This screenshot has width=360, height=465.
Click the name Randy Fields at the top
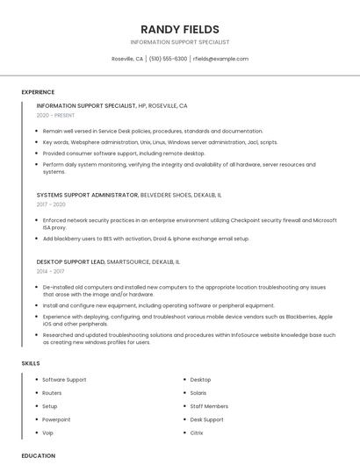tap(180, 29)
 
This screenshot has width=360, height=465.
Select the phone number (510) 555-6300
tap(168, 59)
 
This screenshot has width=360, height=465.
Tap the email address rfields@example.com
tap(220, 59)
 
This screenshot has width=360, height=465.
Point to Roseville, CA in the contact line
tap(127, 59)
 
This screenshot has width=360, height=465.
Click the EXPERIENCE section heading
tap(38, 92)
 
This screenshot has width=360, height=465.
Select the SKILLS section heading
tap(31, 363)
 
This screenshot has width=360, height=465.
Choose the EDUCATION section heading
tap(39, 456)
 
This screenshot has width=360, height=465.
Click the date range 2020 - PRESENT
tap(55, 115)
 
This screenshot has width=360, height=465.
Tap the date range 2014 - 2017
tap(50, 272)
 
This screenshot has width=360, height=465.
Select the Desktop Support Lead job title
tap(71, 261)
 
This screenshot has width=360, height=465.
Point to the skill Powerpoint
tap(56, 419)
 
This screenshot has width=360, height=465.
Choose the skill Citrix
tap(197, 433)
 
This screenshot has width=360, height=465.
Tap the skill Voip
tap(48, 433)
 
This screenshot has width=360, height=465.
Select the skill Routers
tap(52, 393)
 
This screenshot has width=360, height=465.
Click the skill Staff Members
tap(209, 406)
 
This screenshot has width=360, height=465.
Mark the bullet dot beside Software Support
tap(35, 380)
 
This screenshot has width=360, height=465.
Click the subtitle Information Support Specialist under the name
tap(180, 42)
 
